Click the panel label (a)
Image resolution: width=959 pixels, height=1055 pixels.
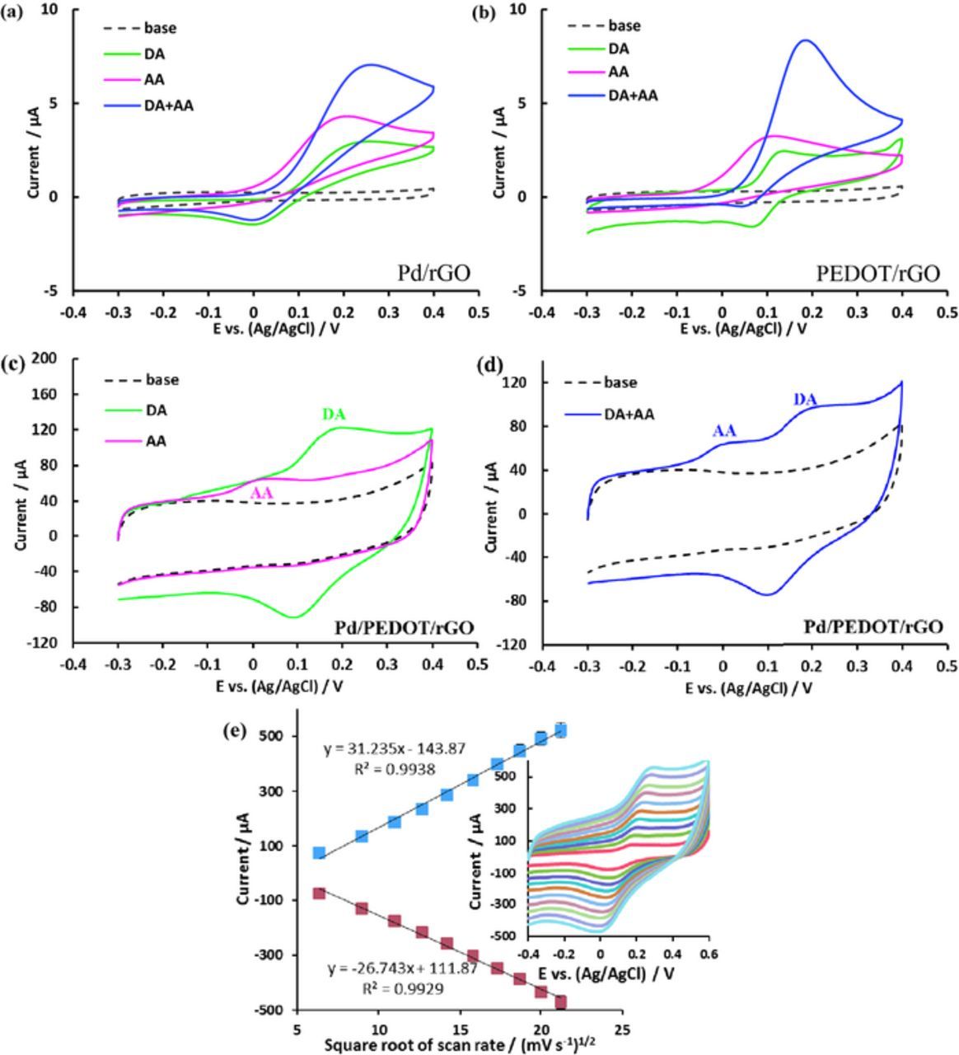coord(12,12)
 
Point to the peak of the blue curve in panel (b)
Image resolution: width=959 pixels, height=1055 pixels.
coord(805,40)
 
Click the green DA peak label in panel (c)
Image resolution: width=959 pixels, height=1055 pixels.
coord(334,415)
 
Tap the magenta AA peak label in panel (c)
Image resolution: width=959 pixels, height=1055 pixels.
coord(262,492)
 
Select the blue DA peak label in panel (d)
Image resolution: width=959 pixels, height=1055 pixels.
coord(805,400)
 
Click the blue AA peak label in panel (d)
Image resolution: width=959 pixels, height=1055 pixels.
coord(724,430)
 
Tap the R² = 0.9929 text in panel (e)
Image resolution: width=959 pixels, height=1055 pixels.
coord(398,988)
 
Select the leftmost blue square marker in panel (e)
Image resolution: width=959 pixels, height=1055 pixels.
coord(319,852)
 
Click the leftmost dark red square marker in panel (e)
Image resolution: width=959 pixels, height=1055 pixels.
coord(319,893)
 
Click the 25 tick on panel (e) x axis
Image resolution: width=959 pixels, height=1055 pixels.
coord(623,1030)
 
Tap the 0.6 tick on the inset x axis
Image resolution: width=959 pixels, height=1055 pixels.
coord(709,954)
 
